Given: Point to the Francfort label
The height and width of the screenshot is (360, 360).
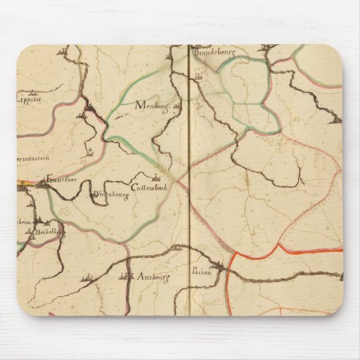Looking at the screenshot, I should [x=58, y=181].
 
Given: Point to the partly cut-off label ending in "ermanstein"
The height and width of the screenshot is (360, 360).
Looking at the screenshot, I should [x=31, y=156].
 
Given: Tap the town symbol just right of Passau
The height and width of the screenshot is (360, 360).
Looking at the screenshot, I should [x=217, y=268].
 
